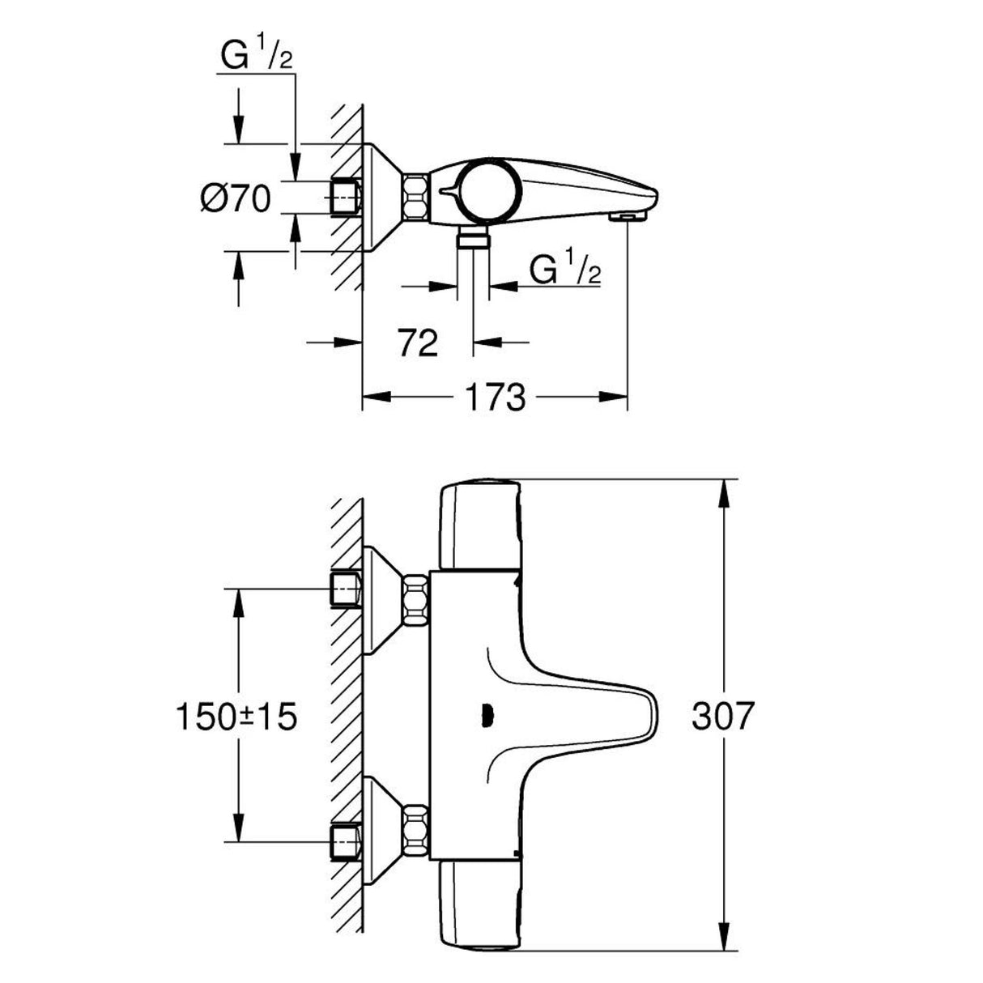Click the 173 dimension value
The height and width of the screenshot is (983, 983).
pos(493,398)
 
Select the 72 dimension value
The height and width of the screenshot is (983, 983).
pos(418,343)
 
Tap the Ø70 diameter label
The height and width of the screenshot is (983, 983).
pos(236,198)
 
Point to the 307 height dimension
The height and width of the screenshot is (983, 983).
pos(723,716)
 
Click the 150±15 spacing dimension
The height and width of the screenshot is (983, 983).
pos(236,716)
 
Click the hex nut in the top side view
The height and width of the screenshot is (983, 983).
pos(415,198)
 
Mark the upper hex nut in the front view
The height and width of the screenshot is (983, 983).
pos(415,600)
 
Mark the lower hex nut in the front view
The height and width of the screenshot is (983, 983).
pos(415,832)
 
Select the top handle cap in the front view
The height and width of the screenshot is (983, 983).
pos(478,524)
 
